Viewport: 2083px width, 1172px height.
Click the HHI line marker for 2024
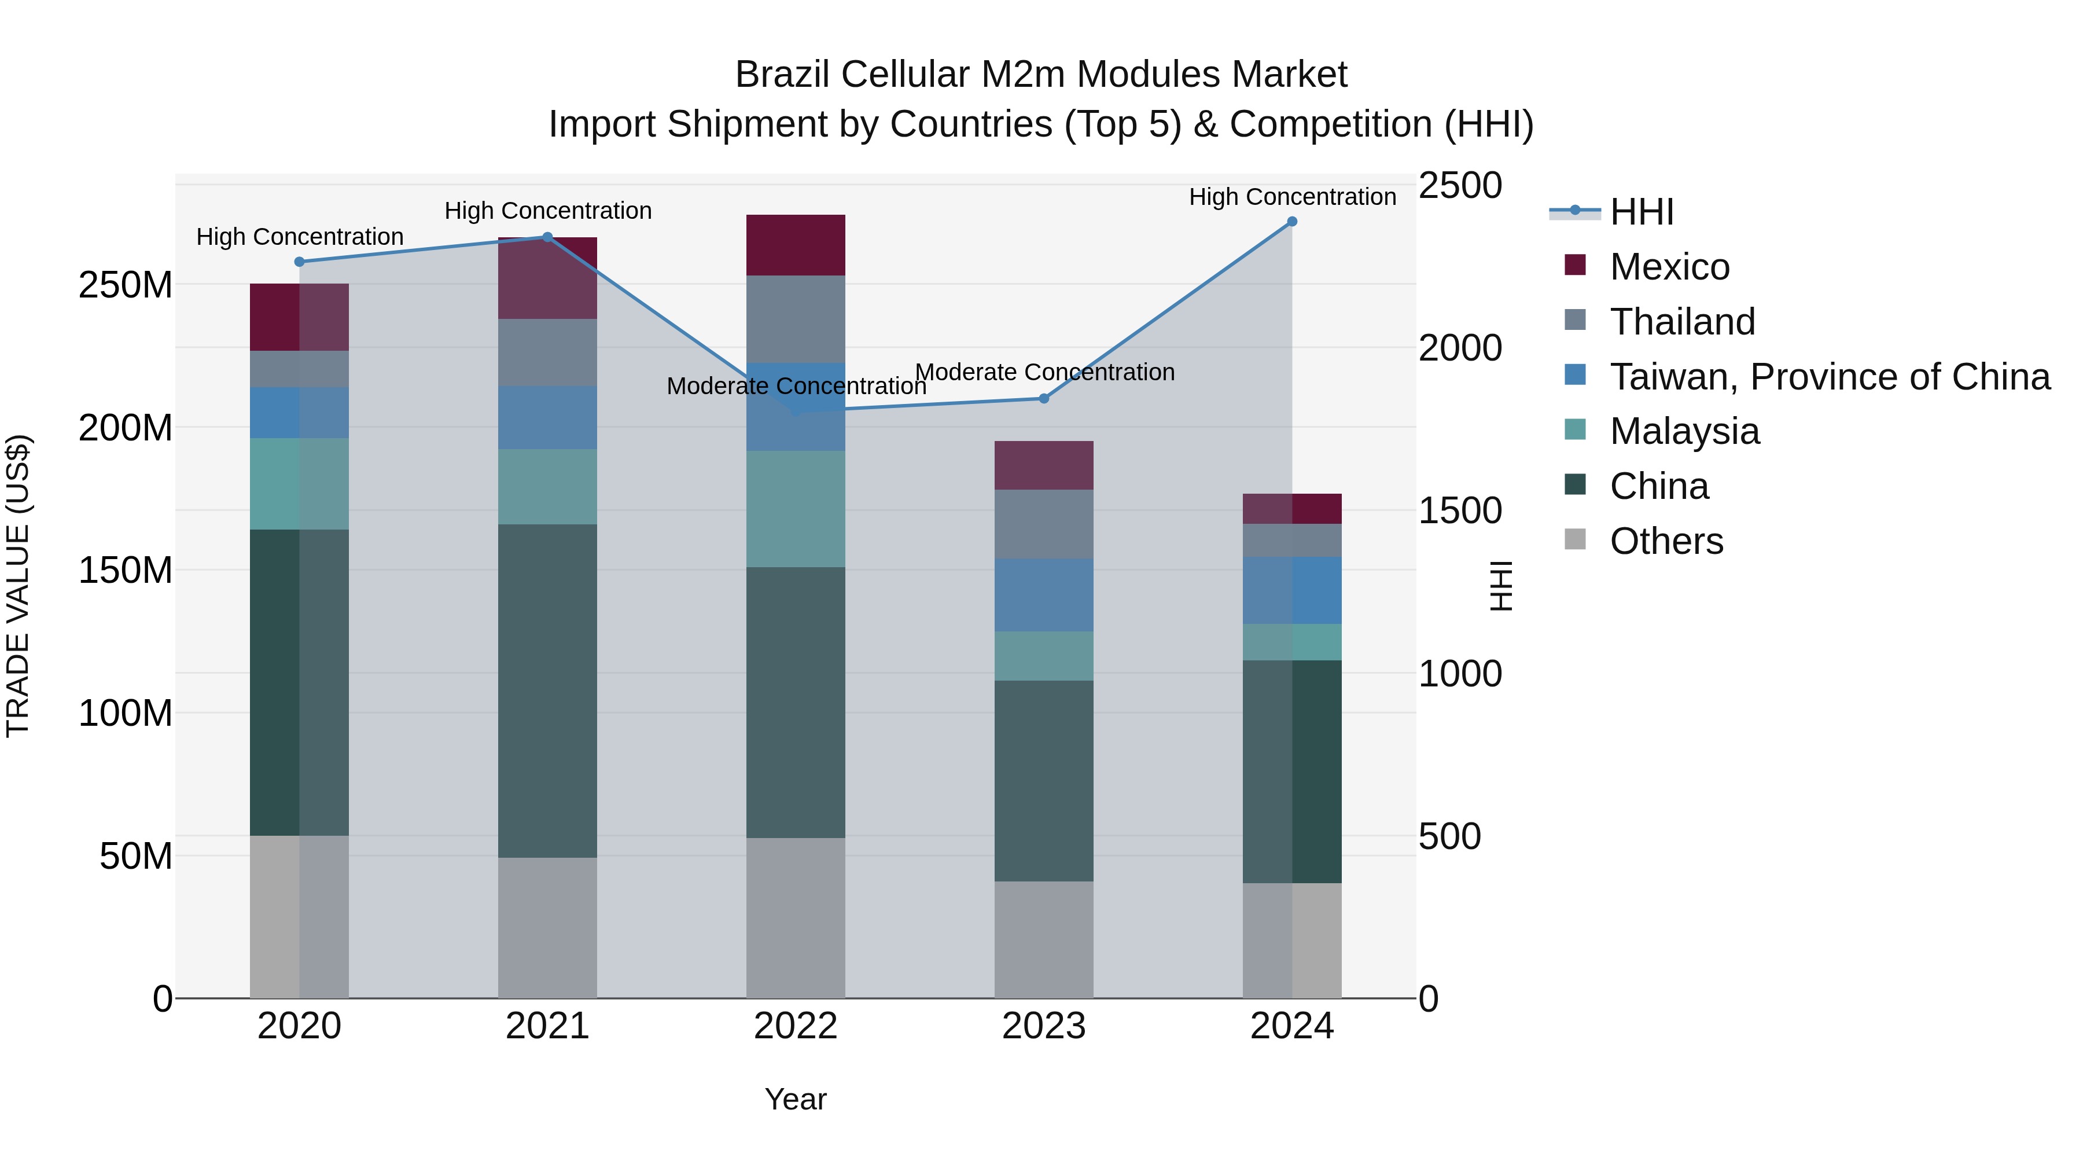tap(1291, 222)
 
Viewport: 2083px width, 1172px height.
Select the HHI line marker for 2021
tap(547, 237)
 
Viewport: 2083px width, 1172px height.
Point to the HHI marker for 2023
tap(1043, 399)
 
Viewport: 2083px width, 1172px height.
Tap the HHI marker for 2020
tap(299, 262)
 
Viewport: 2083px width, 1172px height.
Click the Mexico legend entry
tap(1669, 267)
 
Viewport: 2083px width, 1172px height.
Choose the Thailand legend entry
tap(1682, 322)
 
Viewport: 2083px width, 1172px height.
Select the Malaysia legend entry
tap(1684, 431)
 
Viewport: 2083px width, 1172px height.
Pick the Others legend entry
tap(1666, 541)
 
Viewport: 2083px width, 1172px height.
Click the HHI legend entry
tap(1641, 212)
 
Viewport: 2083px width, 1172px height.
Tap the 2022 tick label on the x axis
tap(796, 1026)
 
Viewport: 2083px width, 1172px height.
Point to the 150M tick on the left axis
tap(126, 570)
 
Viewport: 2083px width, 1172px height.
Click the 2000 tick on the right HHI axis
tap(1460, 348)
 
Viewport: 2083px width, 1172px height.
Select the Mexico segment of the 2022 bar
tap(796, 245)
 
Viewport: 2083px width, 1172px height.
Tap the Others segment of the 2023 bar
tap(1043, 940)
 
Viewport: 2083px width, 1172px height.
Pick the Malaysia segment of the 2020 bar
tap(299, 484)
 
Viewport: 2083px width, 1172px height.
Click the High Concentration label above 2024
tap(1292, 197)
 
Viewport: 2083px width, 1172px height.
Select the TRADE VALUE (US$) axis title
tap(18, 586)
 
